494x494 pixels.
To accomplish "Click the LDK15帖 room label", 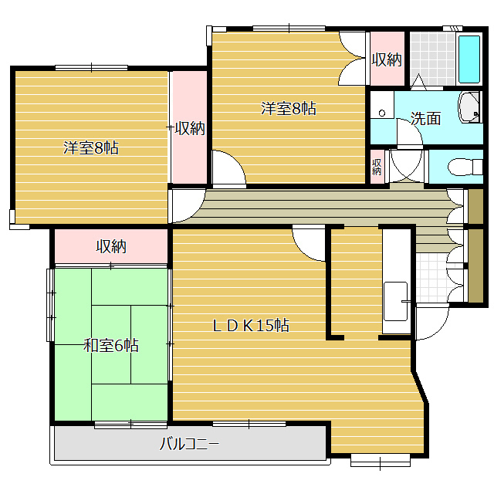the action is coord(251,326).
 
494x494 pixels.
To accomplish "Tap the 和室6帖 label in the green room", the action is coord(111,345).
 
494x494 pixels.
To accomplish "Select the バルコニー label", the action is coord(189,445).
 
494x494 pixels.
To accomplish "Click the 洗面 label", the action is coord(425,118).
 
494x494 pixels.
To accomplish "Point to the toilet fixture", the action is coord(465,167).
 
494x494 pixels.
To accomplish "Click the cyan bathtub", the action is coord(469,59).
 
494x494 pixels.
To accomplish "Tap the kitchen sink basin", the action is coord(395,302).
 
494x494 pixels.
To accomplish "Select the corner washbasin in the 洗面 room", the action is coord(469,107).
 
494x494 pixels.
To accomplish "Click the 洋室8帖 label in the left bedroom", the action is coord(91,147).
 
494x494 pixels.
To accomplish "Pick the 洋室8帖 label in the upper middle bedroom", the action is coord(288,108).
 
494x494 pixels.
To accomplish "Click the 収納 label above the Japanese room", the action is coord(111,246).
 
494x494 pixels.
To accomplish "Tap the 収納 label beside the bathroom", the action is coord(387,59).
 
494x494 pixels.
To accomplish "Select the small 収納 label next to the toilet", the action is coord(377,167).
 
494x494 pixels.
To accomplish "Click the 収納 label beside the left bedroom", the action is coord(190,128).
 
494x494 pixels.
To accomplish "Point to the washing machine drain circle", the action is coord(382,113).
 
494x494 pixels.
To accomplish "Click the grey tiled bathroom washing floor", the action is coord(432,59).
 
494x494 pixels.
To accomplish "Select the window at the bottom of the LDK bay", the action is coord(381,460).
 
